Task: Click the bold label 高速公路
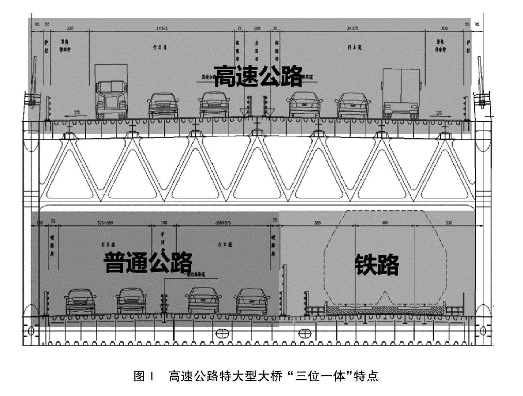pos(259,76)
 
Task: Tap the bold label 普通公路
pos(148,262)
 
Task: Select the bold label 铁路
pos(377,264)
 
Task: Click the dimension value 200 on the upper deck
pos(257,28)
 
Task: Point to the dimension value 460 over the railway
pos(385,223)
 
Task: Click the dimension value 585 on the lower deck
pos(317,223)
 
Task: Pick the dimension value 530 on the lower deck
pos(449,223)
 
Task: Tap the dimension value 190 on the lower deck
pos(164,223)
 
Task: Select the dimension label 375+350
pos(105,223)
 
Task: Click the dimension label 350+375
pos(223,223)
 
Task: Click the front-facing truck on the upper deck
pos(112,92)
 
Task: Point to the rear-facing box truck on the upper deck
pos(401,94)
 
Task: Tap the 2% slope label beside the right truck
pos(439,112)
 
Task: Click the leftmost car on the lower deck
pos(80,301)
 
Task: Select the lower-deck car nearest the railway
pos(252,301)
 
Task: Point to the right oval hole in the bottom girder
pos(304,333)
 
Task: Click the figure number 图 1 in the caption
pos(144,377)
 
